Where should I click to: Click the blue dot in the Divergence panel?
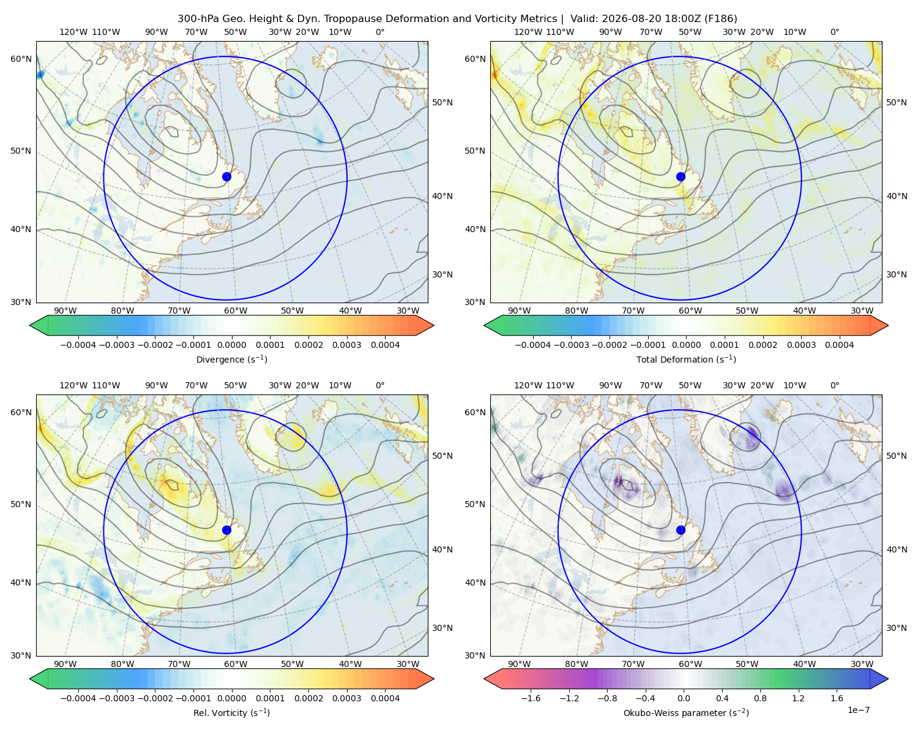click(x=226, y=176)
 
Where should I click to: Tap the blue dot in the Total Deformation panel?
click(x=681, y=176)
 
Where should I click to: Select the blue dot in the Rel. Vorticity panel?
click(x=226, y=530)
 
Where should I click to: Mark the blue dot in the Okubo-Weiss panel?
click(x=681, y=530)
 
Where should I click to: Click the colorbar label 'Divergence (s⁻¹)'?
click(x=231, y=360)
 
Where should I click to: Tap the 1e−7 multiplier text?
click(x=858, y=710)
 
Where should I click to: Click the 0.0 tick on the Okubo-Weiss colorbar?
click(x=684, y=698)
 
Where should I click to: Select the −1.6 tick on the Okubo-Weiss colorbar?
click(x=531, y=698)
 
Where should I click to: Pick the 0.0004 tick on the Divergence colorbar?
click(x=385, y=345)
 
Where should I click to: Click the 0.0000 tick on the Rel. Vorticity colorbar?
click(x=231, y=698)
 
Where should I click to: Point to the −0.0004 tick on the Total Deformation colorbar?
click(x=533, y=345)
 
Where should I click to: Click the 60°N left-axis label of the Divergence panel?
click(x=21, y=59)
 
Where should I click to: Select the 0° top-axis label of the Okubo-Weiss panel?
click(x=835, y=385)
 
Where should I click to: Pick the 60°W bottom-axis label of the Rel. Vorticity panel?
click(x=236, y=664)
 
